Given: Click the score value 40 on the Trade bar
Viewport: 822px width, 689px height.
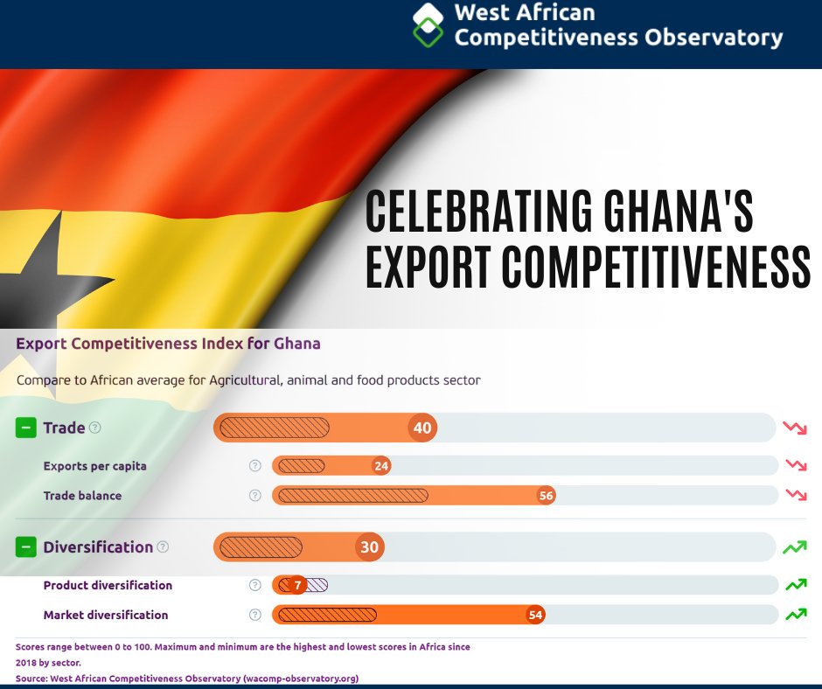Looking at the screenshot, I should pyautogui.click(x=423, y=428).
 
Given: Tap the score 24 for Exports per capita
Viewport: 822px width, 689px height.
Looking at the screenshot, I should pyautogui.click(x=381, y=466).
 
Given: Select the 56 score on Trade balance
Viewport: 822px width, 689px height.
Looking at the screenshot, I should pyautogui.click(x=547, y=496).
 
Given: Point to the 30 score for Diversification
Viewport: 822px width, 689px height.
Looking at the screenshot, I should pyautogui.click(x=370, y=547).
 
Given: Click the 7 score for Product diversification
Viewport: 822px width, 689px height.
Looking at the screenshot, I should pyautogui.click(x=297, y=585).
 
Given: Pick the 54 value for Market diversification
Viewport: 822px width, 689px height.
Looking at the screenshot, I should pyautogui.click(x=536, y=615).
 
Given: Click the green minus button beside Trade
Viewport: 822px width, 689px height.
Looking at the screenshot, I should pyautogui.click(x=26, y=428).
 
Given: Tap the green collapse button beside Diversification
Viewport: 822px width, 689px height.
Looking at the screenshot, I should pyautogui.click(x=26, y=547).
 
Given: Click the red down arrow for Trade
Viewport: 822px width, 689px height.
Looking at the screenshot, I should pyautogui.click(x=795, y=428).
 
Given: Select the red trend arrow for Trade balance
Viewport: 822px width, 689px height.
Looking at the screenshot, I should pyautogui.click(x=796, y=495).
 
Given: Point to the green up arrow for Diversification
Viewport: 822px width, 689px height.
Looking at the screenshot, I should pyautogui.click(x=795, y=547).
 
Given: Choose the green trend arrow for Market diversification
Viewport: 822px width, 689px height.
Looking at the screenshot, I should pyautogui.click(x=796, y=615).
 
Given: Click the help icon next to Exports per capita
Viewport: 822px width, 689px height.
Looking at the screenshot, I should pyautogui.click(x=255, y=466).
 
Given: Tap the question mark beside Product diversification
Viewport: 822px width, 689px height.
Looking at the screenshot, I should pyautogui.click(x=255, y=585).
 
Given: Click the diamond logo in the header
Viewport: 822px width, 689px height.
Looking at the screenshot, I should pyautogui.click(x=428, y=24).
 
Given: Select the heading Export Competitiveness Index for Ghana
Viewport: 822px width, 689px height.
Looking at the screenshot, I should pyautogui.click(x=168, y=344).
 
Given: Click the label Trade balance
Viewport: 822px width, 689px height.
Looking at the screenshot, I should pyautogui.click(x=83, y=496).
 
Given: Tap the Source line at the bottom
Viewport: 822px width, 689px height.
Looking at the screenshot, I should pyautogui.click(x=187, y=679).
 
